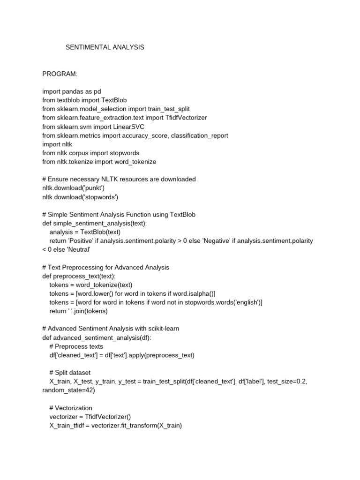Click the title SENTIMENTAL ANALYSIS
(105, 47)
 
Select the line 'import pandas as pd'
(71, 91)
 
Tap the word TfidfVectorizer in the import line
(186, 118)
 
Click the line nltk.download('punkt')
(73, 188)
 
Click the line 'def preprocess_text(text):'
(79, 276)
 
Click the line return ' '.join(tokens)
(78, 311)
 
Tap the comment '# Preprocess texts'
(76, 346)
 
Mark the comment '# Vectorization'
(71, 408)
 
